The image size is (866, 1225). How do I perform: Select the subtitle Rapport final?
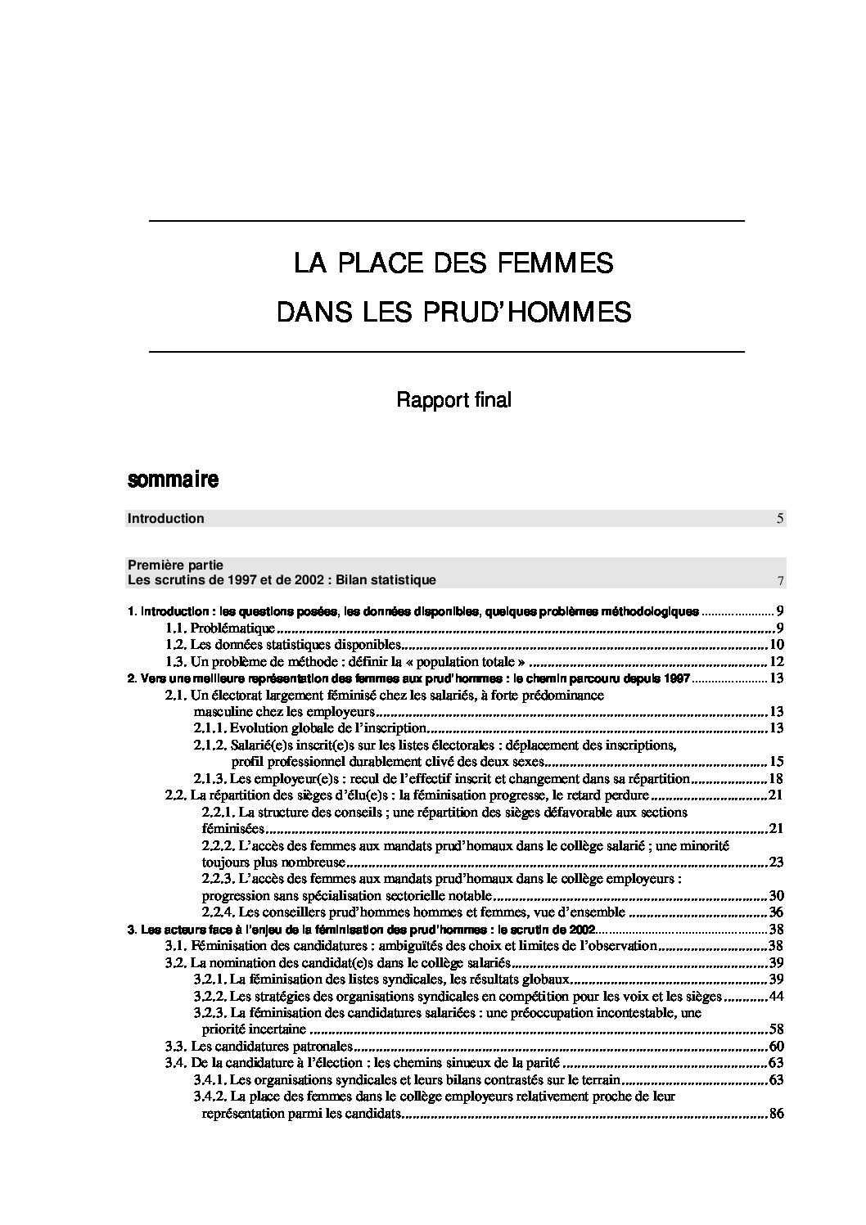[x=453, y=400]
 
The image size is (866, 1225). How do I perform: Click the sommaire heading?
[x=173, y=480]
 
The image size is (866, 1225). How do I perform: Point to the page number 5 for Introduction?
[x=780, y=518]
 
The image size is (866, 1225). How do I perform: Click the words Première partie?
[x=176, y=565]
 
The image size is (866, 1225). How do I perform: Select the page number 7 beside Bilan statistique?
[x=782, y=581]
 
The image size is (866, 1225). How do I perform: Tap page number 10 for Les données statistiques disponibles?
[x=777, y=645]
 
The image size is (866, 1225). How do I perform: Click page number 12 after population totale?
[x=777, y=661]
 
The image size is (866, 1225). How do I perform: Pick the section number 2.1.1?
[x=210, y=727]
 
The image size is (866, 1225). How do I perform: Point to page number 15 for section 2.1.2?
[x=777, y=761]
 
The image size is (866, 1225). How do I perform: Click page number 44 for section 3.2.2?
[x=777, y=996]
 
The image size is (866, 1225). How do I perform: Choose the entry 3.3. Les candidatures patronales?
[x=259, y=1046]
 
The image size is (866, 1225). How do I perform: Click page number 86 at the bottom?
[x=777, y=1113]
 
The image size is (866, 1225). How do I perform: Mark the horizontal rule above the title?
[x=446, y=222]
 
